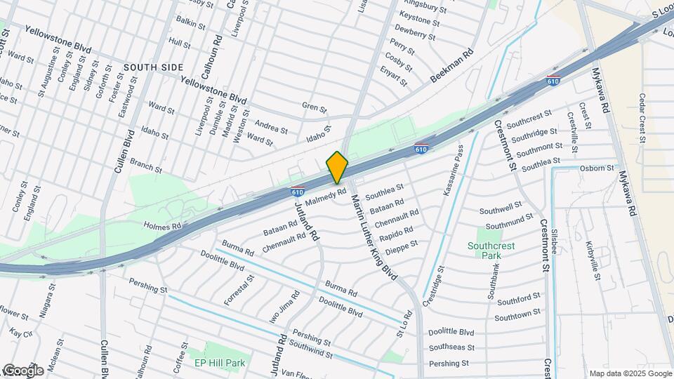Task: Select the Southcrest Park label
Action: pyautogui.click(x=489, y=251)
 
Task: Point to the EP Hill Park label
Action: pyautogui.click(x=220, y=363)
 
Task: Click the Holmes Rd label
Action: pyautogui.click(x=162, y=226)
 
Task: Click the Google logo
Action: pyautogui.click(x=22, y=370)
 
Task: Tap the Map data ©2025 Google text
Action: pyautogui.click(x=629, y=373)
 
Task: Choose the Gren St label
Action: pyautogui.click(x=314, y=109)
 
